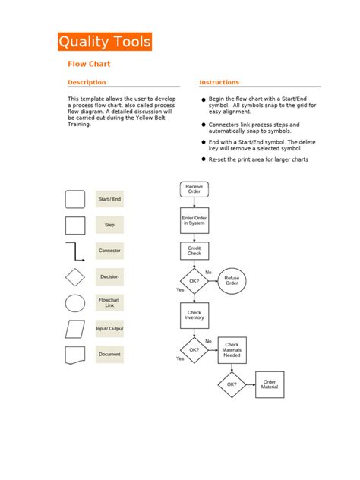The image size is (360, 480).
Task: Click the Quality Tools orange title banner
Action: [x=105, y=42]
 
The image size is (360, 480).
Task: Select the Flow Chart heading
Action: [x=89, y=64]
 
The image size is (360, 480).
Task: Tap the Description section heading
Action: [x=87, y=82]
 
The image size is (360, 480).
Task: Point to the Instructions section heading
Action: [x=219, y=82]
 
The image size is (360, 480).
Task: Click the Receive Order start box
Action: [x=194, y=189]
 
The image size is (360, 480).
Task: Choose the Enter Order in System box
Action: [x=194, y=220]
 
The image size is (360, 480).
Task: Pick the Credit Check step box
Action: [x=194, y=251]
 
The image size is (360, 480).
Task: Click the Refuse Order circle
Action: [x=232, y=281]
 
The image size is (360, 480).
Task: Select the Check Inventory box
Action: [x=194, y=315]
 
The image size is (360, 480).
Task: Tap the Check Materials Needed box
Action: [x=232, y=350]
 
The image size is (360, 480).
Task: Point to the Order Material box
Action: [x=270, y=385]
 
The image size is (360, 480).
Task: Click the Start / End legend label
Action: [x=109, y=200]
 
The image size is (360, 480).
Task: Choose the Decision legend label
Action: [x=109, y=277]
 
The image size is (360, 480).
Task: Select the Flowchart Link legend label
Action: [x=109, y=303]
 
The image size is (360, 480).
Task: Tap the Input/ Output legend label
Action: [x=109, y=329]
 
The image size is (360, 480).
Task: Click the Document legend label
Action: [x=109, y=354]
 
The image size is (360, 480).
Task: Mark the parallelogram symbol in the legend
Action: [x=75, y=329]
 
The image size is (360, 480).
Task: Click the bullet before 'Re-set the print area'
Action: [x=203, y=160]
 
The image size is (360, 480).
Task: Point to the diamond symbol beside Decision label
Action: [x=75, y=277]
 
